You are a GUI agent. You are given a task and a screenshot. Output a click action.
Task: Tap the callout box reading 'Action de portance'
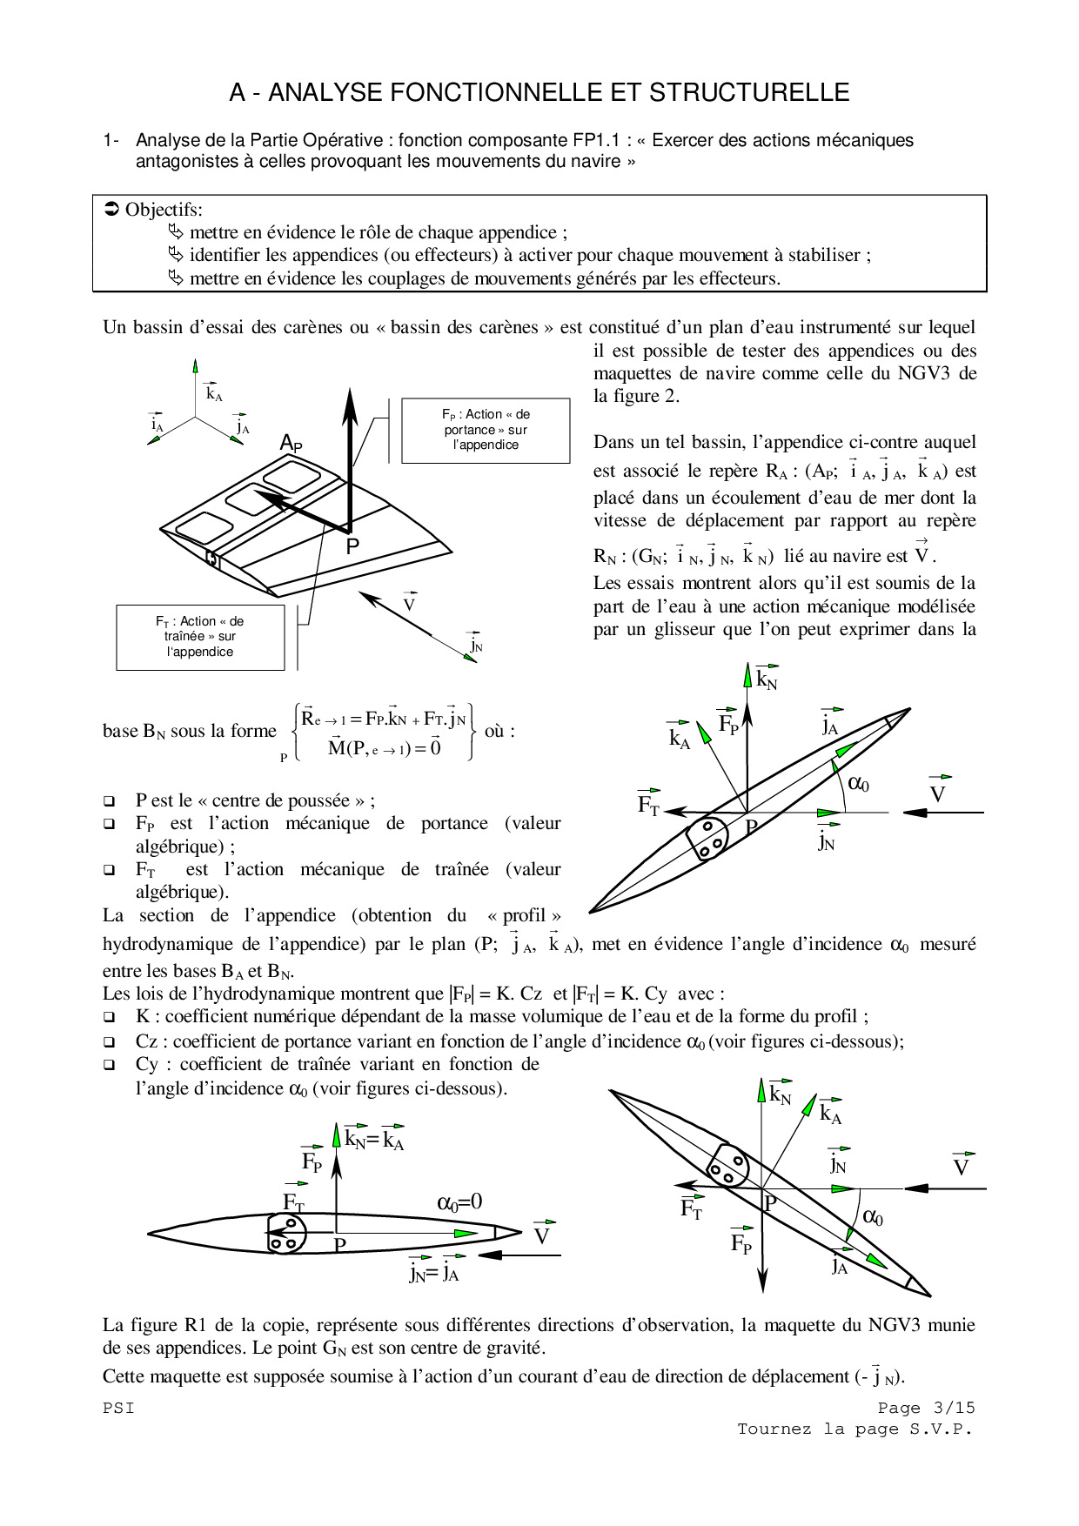coord(486,430)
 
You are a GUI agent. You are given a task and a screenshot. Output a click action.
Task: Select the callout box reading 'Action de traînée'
coord(200,637)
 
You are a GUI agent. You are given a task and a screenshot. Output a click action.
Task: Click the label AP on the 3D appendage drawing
coord(291,444)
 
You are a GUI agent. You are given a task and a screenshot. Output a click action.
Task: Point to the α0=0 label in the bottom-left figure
coord(459,1202)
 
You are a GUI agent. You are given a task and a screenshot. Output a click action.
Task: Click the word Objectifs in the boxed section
coord(164,210)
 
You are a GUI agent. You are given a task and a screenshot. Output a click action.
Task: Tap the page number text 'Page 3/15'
coord(926,1408)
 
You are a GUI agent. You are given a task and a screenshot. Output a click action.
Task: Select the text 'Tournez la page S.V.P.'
coord(854,1429)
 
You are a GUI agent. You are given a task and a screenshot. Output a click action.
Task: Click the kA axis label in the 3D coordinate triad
coord(213,392)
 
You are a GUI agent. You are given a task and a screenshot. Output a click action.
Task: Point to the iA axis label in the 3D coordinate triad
coord(157,425)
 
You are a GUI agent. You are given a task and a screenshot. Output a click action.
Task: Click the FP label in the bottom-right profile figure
coord(741,1242)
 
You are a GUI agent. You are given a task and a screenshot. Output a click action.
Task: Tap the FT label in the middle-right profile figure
coord(649,804)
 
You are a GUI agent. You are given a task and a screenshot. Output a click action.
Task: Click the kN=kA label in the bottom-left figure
coord(374,1139)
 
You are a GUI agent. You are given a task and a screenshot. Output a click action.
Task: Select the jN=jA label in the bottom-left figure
coord(433,1272)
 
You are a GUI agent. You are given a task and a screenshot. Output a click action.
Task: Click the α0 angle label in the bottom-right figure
coord(872,1217)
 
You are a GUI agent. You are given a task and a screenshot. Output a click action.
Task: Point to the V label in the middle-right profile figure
coord(938,793)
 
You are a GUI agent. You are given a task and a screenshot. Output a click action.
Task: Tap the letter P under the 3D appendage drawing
coord(352,547)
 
